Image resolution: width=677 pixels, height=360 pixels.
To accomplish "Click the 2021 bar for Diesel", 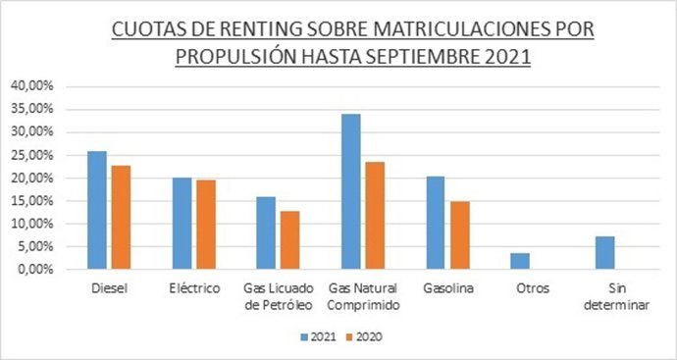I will tap(96, 210).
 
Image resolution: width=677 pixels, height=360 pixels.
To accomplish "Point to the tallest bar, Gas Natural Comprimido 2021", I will tap(351, 191).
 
